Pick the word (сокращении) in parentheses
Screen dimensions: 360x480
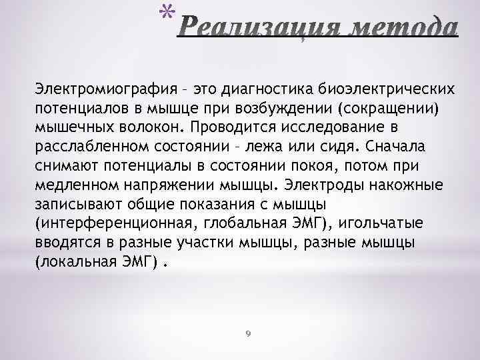[389, 107]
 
